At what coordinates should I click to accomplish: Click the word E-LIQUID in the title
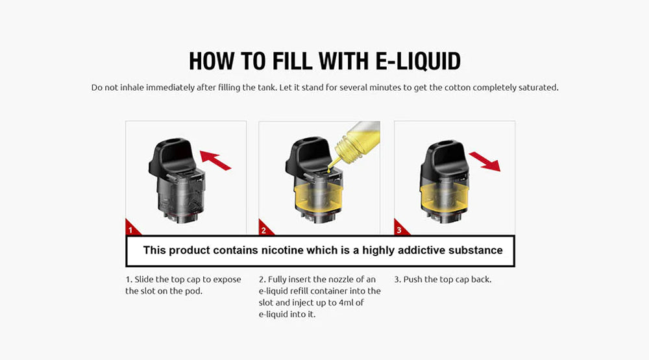(418, 61)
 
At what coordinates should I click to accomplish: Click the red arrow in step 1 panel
(215, 160)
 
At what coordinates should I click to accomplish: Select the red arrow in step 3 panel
(485, 161)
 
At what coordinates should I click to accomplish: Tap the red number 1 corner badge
(131, 229)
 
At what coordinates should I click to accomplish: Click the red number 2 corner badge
(264, 229)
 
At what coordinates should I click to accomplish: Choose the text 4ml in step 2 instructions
(346, 302)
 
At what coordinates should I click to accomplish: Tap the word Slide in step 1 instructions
(144, 280)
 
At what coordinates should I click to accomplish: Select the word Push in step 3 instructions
(412, 280)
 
